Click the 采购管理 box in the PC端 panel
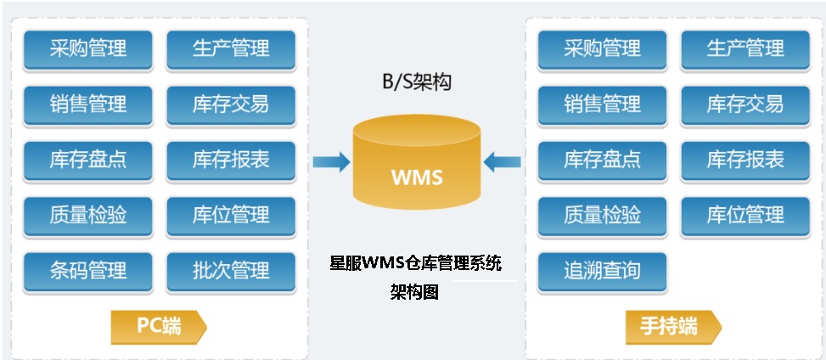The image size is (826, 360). point(87,49)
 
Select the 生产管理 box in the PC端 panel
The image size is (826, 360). point(231,49)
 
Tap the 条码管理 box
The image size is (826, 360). point(87,271)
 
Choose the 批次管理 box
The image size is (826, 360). point(231,271)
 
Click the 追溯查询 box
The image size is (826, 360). point(602,271)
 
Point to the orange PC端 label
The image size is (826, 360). point(159,327)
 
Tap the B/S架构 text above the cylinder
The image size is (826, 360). point(416,82)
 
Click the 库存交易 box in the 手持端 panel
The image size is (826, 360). point(745,104)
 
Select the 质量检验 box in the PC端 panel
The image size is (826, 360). point(87,216)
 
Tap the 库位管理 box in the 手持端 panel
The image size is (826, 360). point(745,216)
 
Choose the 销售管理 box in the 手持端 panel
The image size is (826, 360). point(602,104)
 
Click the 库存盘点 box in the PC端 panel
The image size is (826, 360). point(87,160)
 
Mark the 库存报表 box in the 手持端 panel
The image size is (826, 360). point(745,160)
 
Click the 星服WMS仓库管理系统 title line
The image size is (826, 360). point(415,262)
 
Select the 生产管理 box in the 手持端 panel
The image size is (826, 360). point(745,49)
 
